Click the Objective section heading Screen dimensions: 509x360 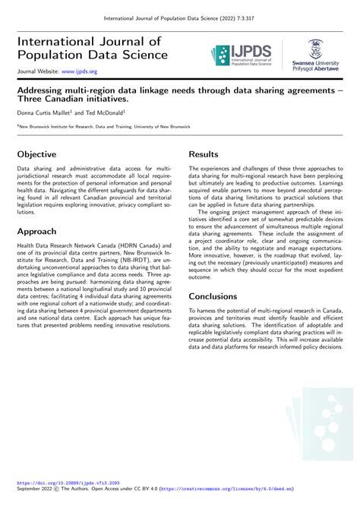36,153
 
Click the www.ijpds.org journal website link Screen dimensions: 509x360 79,71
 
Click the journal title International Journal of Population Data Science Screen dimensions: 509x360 92,48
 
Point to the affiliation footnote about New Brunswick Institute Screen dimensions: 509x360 106,126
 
